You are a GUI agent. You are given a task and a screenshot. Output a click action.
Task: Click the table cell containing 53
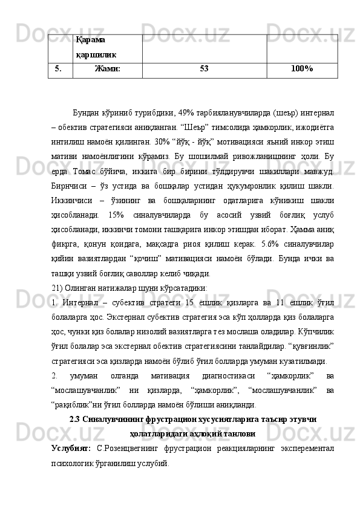(x=204, y=69)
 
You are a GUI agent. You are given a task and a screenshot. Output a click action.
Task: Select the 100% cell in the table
(x=301, y=69)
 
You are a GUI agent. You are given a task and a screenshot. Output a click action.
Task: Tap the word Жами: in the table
(x=107, y=69)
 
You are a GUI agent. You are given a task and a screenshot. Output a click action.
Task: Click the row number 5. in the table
(x=59, y=69)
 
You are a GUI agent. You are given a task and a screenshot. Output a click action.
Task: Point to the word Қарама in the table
(x=91, y=40)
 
